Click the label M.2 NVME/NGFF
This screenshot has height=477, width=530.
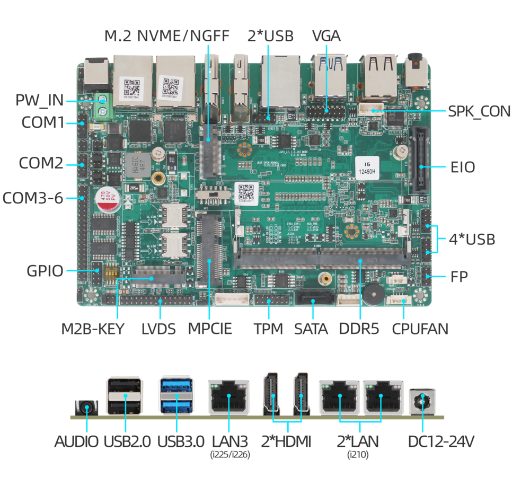point(166,36)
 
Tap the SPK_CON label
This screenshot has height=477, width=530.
point(479,111)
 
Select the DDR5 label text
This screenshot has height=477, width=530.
point(359,329)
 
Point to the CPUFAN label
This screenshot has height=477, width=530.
point(420,329)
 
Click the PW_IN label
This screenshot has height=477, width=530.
point(39,100)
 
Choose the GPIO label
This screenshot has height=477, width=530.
point(45,271)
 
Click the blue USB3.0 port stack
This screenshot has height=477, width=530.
point(174,395)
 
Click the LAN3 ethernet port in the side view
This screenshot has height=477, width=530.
point(228,397)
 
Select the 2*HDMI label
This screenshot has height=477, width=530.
point(287,441)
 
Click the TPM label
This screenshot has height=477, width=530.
point(268,329)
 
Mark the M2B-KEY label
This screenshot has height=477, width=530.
point(92,329)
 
